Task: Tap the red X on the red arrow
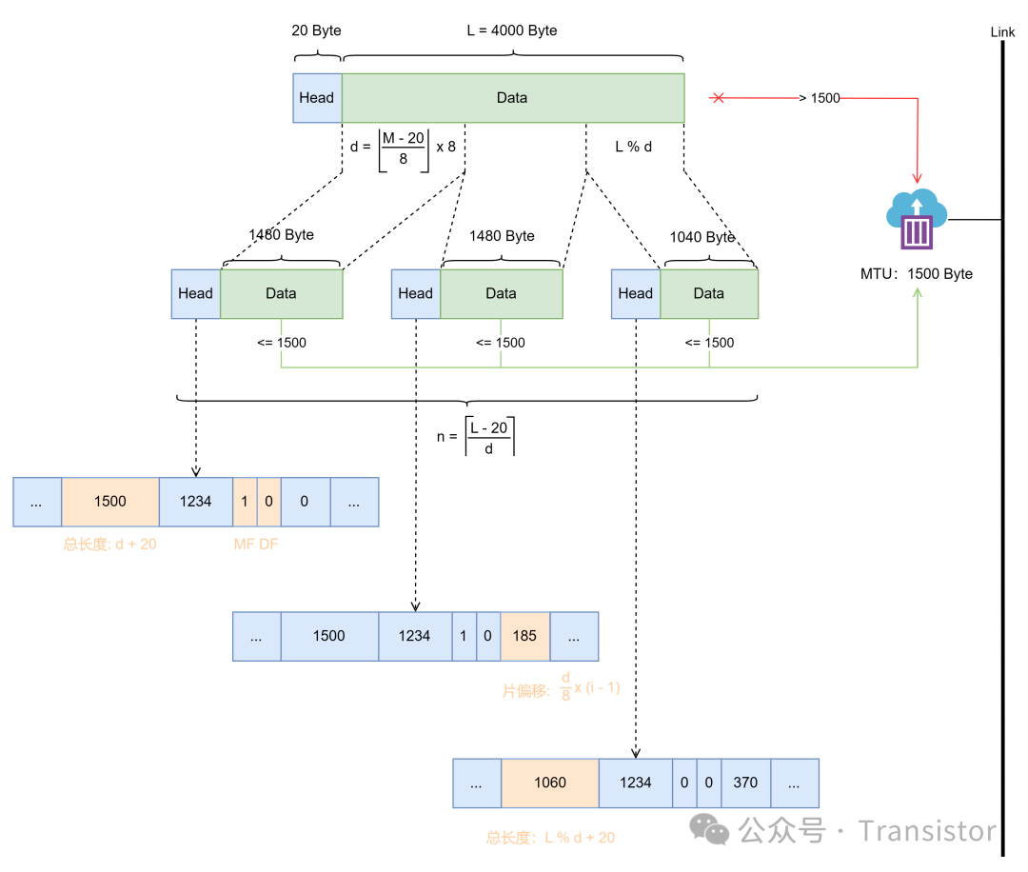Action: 719,97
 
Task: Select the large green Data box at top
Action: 512,98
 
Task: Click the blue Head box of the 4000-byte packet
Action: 317,98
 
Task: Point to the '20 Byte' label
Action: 316,30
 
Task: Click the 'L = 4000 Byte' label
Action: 512,30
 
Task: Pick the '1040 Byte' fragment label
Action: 702,237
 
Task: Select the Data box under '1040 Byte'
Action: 709,293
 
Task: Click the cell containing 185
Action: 524,636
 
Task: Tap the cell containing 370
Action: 745,783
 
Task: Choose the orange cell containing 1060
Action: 550,783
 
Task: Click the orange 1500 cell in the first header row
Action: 110,502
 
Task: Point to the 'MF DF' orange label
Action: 256,545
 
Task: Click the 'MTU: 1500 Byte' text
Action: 916,274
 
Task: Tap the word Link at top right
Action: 1002,32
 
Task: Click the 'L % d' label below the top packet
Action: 633,147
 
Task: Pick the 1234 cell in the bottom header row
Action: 635,783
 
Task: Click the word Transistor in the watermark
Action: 927,831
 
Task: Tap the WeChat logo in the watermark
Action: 711,829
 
